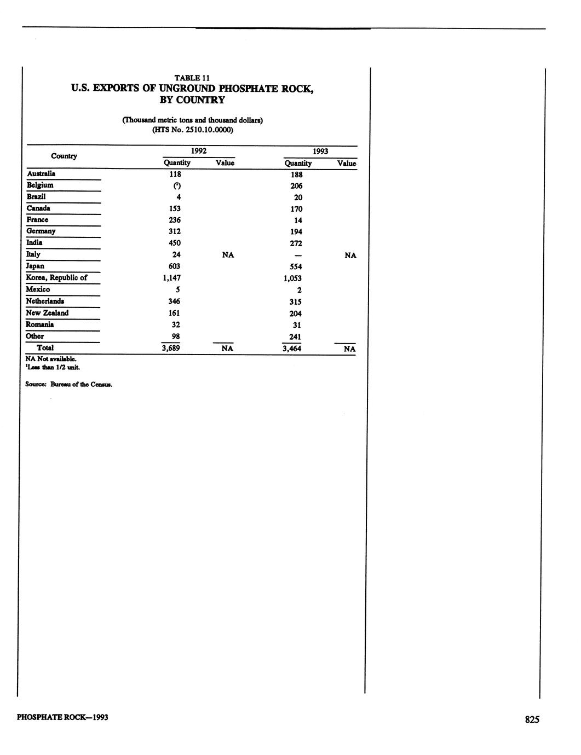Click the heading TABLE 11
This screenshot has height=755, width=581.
tap(192, 77)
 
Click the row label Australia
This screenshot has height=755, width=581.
tap(41, 173)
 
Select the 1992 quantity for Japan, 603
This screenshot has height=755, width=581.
tap(175, 266)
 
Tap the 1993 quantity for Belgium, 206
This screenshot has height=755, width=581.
tap(296, 186)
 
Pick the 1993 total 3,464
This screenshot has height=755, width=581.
tap(292, 349)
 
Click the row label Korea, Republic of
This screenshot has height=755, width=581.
tap(56, 277)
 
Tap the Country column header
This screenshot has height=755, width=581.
tap(64, 156)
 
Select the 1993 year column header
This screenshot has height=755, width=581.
tap(320, 151)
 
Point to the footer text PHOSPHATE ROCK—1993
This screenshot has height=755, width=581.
tap(62, 717)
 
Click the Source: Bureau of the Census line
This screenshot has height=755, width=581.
tap(69, 385)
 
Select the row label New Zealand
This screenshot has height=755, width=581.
tap(48, 313)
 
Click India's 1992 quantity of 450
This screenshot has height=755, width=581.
tap(175, 243)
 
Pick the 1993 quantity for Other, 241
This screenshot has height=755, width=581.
tap(296, 337)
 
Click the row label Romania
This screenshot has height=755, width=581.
tap(40, 324)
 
